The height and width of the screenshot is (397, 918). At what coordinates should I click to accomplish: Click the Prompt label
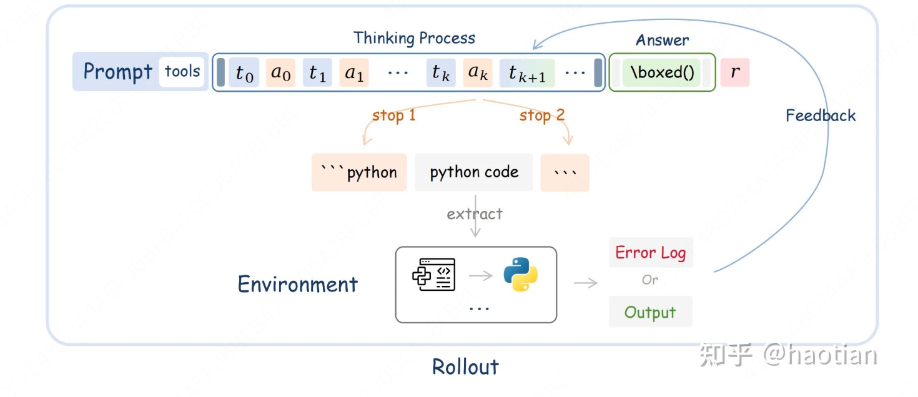(117, 72)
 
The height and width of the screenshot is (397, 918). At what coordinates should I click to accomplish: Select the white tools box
(182, 72)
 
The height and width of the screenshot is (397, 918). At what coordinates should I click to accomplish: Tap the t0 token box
(244, 73)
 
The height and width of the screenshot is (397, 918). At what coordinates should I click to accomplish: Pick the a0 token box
(281, 73)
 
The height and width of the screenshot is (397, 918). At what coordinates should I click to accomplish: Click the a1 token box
(355, 73)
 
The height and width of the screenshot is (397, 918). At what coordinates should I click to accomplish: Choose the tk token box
(441, 73)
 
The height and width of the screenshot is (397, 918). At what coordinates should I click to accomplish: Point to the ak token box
(478, 73)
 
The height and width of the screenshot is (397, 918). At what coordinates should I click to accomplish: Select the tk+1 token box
(526, 73)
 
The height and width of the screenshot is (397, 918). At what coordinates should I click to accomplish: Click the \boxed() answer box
(662, 73)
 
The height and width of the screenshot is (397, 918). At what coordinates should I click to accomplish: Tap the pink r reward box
(735, 72)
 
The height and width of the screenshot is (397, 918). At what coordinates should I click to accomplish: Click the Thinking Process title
(414, 38)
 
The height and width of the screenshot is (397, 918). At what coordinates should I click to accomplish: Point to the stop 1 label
(393, 115)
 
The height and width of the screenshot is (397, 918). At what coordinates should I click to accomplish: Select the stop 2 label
(541, 115)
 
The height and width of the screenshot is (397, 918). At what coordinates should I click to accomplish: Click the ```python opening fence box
(359, 172)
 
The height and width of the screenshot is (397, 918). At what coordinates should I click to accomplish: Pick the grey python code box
(474, 172)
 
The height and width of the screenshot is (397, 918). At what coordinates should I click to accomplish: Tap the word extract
(475, 214)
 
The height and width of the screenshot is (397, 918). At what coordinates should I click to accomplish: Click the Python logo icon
(521, 275)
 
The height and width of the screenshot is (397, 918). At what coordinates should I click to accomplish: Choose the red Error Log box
(651, 253)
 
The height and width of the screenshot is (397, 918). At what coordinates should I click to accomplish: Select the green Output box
(650, 312)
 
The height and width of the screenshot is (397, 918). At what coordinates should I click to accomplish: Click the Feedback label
(821, 115)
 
